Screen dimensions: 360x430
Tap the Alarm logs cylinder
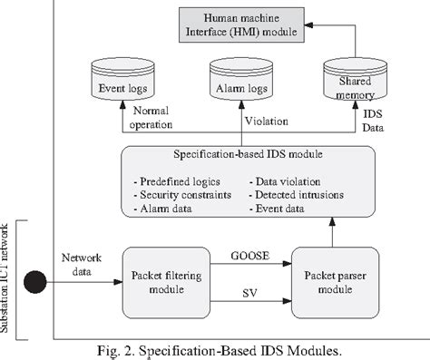tap(239, 86)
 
